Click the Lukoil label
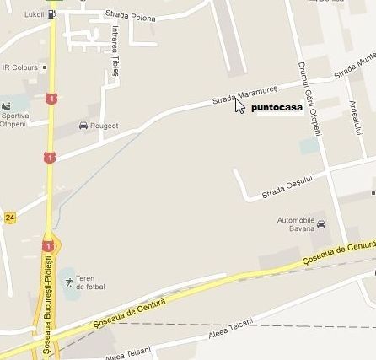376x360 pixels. click(34, 14)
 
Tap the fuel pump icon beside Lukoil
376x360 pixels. click(52, 14)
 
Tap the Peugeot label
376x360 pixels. click(104, 126)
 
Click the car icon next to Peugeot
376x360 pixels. click(83, 126)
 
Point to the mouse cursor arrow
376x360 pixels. click(239, 106)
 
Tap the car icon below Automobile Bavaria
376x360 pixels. click(321, 225)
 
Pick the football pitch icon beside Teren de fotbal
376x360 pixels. click(68, 281)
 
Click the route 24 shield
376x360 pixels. click(10, 218)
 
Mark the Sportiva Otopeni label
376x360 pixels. click(13, 120)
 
